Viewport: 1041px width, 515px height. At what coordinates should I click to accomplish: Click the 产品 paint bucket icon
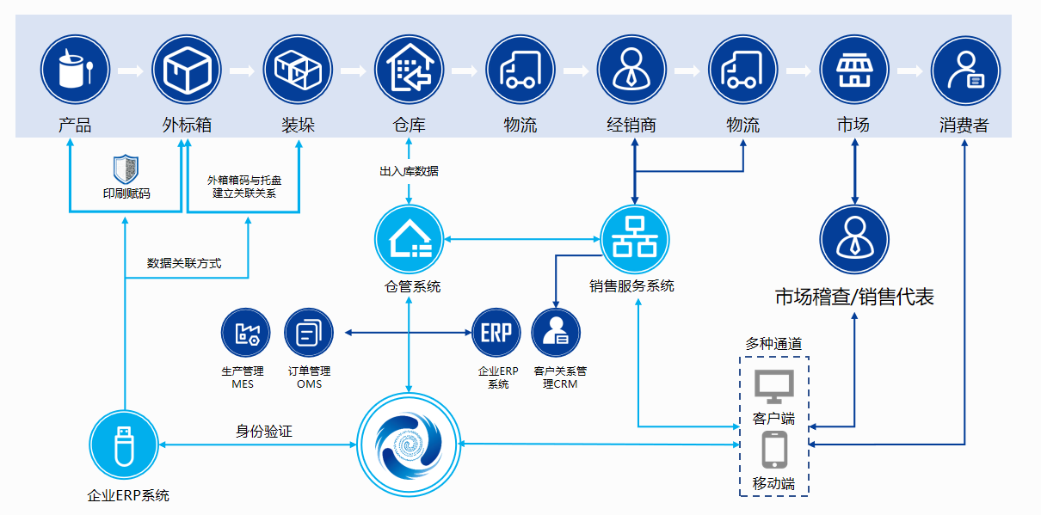pos(75,70)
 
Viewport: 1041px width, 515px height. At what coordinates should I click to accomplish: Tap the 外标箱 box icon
pos(187,70)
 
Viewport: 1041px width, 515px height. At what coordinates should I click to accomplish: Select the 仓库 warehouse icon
pos(409,70)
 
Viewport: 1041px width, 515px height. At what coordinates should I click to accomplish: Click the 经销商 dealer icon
pos(631,70)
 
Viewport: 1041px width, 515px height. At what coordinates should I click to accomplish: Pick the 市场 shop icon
pos(853,70)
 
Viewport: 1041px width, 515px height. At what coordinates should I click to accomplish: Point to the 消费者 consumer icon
pos(965,70)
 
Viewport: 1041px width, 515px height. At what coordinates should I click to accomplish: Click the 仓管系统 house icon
pos(409,240)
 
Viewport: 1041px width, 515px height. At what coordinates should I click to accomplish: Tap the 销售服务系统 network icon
pos(635,240)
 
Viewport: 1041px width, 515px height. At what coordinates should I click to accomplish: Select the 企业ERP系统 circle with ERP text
pos(496,333)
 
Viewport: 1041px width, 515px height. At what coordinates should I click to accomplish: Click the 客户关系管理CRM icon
pos(556,333)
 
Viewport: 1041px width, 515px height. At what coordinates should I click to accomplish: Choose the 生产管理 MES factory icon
pos(246,333)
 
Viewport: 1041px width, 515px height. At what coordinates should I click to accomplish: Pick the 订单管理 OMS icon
pos(308,333)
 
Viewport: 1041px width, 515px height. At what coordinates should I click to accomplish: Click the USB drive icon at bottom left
pos(125,444)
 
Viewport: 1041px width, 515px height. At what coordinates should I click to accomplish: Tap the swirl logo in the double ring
pos(409,444)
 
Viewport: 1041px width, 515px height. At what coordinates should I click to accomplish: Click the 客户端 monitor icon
pos(773,387)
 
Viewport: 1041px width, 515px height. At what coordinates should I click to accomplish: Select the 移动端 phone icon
pos(773,450)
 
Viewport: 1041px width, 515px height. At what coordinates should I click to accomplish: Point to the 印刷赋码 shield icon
pos(126,169)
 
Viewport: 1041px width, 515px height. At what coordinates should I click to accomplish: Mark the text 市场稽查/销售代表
pos(854,297)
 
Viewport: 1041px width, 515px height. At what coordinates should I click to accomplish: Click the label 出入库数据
pos(409,171)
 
